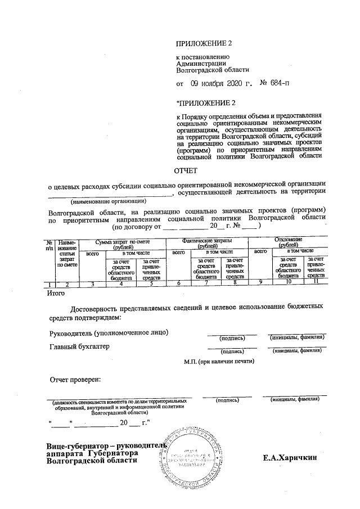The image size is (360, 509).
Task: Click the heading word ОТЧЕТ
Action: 186,170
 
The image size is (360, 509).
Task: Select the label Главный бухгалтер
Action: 79,346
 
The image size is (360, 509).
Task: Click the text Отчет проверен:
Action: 75,379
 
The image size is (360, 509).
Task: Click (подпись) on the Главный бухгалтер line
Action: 232,352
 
